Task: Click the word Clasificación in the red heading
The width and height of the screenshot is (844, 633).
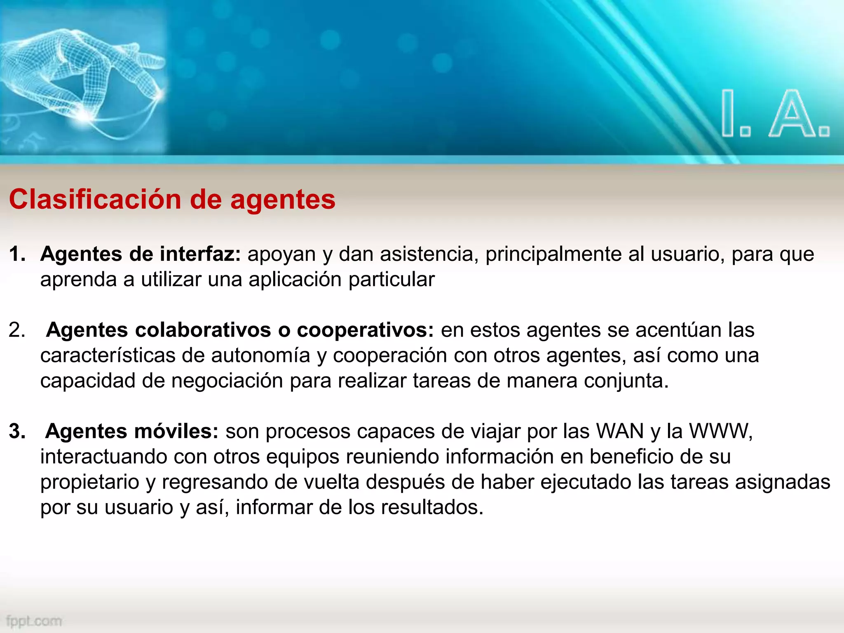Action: [95, 200]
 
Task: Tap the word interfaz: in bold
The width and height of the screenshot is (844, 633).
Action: [200, 254]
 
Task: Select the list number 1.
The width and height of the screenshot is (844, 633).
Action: [17, 254]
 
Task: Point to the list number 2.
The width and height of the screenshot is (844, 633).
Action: [17, 330]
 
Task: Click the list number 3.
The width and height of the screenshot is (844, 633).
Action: [17, 431]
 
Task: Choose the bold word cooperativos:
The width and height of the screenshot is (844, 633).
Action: [365, 330]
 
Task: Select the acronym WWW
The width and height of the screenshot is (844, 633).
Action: [720, 431]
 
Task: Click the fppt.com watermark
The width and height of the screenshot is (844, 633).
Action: [34, 621]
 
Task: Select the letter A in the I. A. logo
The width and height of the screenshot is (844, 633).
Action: [791, 115]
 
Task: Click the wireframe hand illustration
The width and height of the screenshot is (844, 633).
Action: [82, 74]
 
